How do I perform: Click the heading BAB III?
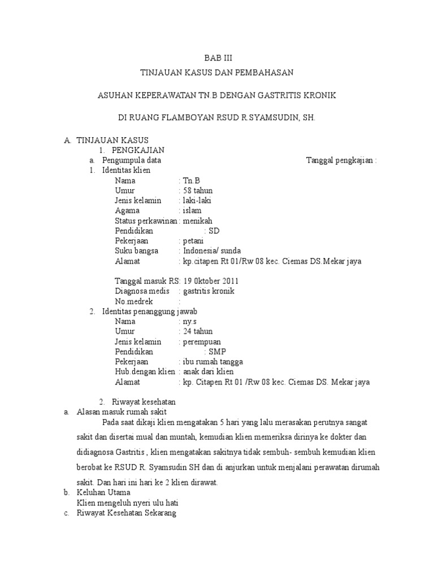218,58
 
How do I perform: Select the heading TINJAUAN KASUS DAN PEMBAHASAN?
218,72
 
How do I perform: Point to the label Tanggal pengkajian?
341,160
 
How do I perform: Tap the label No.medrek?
136,301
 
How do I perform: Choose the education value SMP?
216,352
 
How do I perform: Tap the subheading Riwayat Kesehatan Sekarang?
127,513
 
